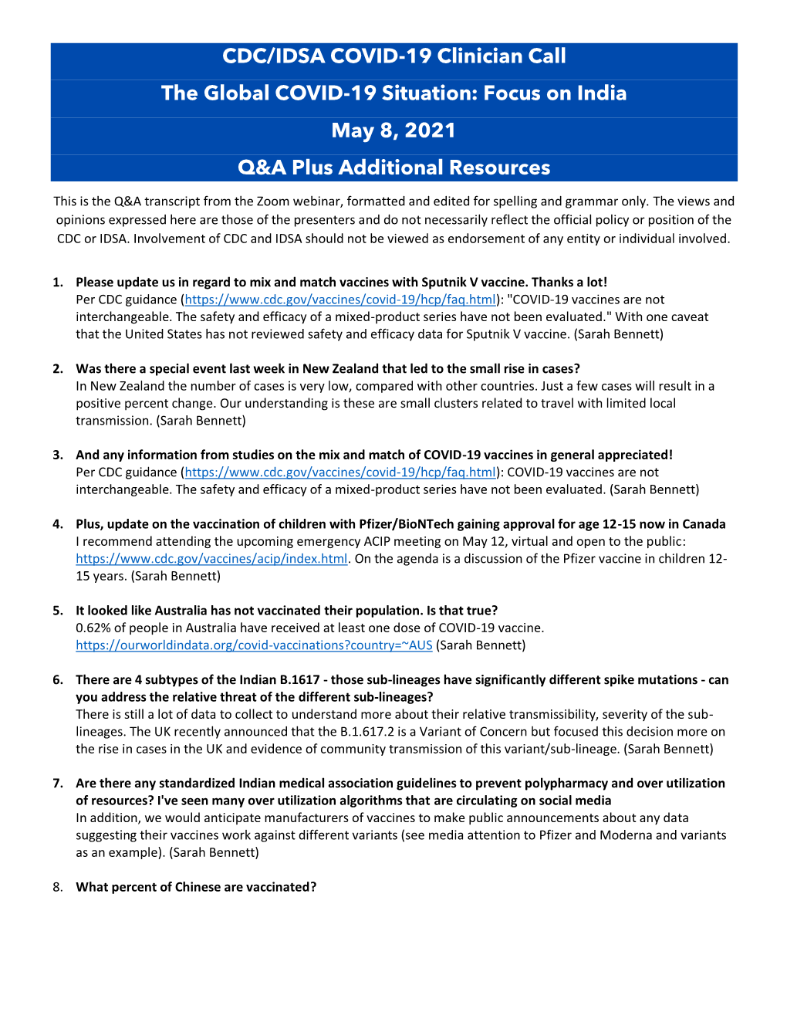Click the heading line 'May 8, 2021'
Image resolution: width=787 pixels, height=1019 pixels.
393,130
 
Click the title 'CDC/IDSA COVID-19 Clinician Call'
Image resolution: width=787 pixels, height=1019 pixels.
393,56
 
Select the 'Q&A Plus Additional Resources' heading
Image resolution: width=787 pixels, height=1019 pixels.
393,168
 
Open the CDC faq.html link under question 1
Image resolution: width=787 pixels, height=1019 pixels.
340,300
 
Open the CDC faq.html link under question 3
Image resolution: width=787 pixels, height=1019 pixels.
340,472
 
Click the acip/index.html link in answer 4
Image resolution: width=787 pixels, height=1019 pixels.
211,559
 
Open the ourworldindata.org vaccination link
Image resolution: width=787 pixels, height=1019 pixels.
254,645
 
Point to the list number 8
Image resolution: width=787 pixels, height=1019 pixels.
58,887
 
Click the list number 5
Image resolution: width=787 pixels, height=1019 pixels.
58,611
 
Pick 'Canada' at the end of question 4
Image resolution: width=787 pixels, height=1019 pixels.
704,524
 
